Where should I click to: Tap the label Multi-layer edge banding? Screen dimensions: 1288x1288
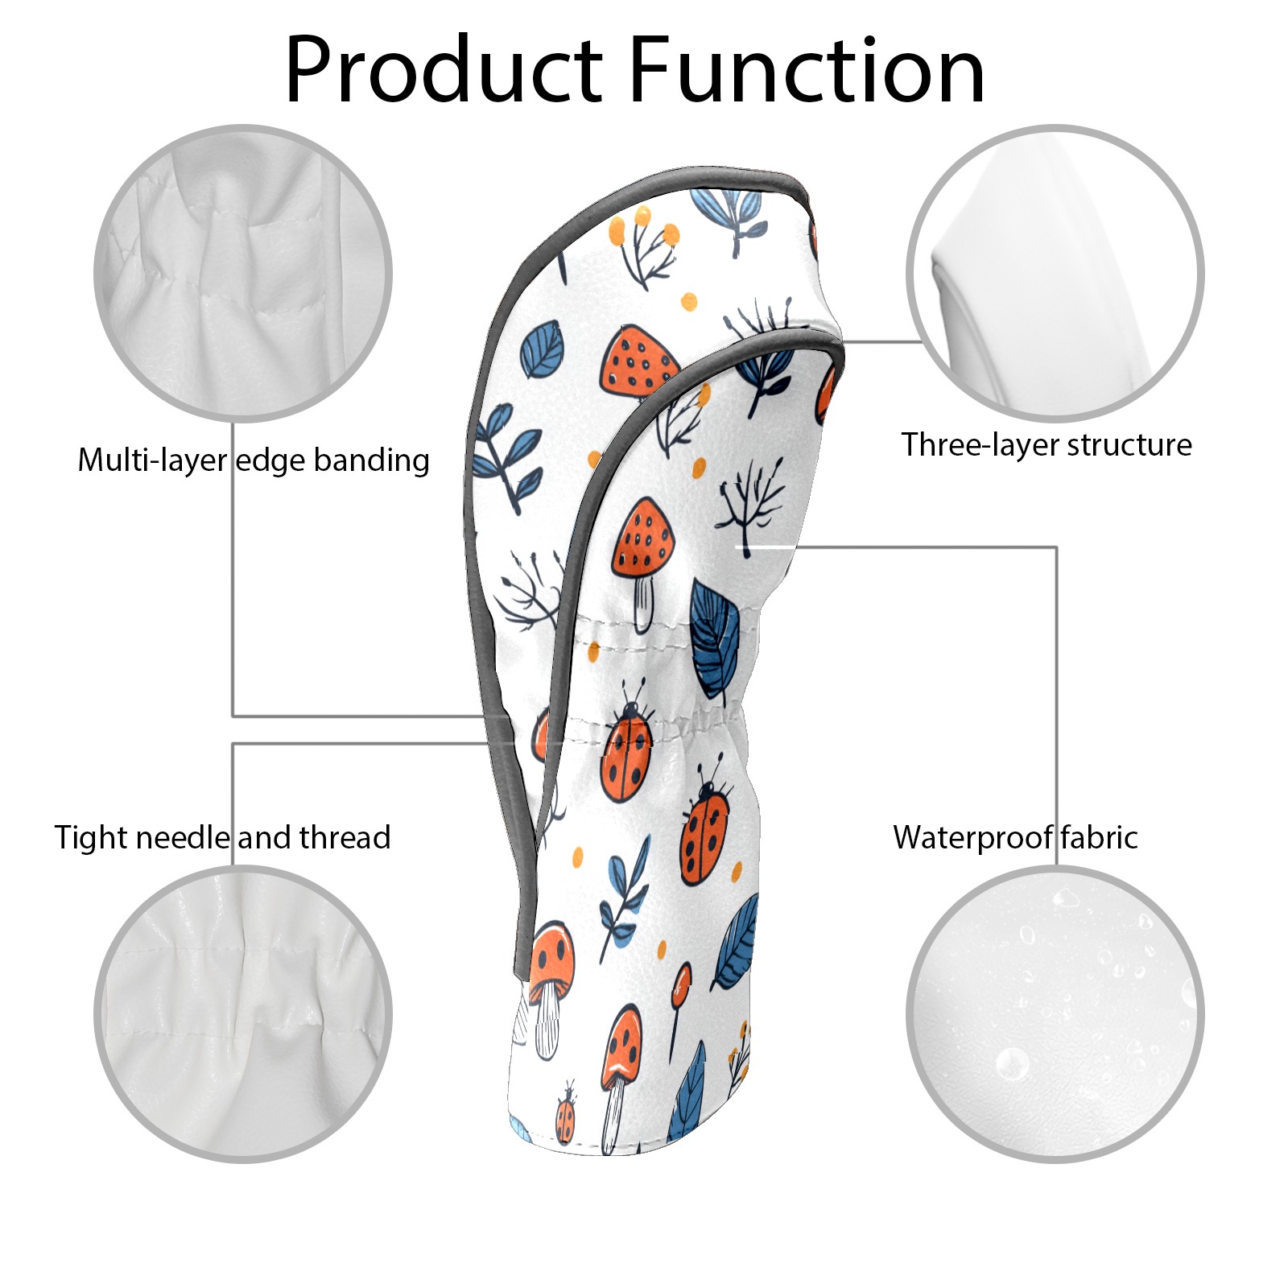tap(254, 460)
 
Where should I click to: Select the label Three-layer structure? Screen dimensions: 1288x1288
tap(1046, 444)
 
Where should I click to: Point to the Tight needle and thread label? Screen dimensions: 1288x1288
tap(222, 837)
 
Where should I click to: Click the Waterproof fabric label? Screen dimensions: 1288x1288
tap(1015, 837)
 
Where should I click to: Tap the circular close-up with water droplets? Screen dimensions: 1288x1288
tap(1055, 1014)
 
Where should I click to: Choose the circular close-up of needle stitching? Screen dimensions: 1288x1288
tap(243, 1014)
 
